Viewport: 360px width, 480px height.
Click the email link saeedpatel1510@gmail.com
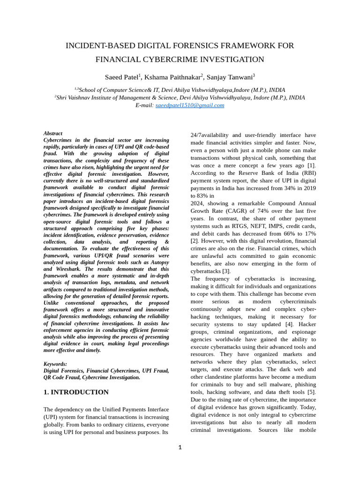pos(190,105)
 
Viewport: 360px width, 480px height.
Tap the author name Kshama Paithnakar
pos(172,77)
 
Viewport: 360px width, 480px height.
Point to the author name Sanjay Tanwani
pos(229,77)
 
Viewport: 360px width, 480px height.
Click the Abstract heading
pos(53,134)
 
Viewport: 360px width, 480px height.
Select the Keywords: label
pos(55,364)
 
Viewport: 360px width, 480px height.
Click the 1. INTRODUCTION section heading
pos(76,392)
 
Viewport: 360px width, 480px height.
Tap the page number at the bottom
pos(180,448)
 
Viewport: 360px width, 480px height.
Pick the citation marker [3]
pos(226,271)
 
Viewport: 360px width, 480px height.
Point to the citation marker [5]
pos(311,392)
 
